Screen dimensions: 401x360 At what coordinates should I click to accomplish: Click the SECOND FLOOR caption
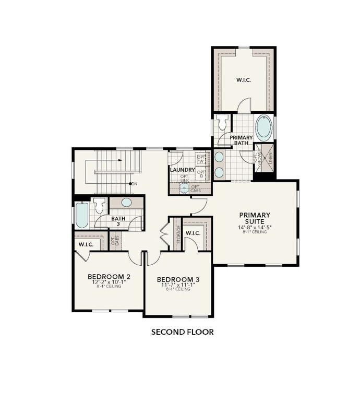tap(182, 332)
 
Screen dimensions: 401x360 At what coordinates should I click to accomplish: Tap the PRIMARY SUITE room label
tap(255, 218)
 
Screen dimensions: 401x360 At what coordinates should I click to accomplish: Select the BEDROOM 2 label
tap(109, 276)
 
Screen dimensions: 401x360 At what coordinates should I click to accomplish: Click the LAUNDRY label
tap(182, 170)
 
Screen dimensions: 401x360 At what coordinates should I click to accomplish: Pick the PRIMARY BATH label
tap(242, 140)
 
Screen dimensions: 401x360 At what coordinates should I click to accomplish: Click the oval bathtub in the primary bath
tap(264, 128)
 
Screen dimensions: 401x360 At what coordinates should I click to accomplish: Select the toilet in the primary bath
tap(223, 122)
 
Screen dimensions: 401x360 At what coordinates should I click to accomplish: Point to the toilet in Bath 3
tap(100, 205)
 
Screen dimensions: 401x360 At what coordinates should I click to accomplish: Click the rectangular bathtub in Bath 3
tap(82, 215)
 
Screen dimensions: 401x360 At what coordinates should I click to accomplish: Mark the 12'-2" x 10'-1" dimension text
tap(109, 282)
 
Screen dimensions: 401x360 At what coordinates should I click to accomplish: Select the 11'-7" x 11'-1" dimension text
tap(178, 286)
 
